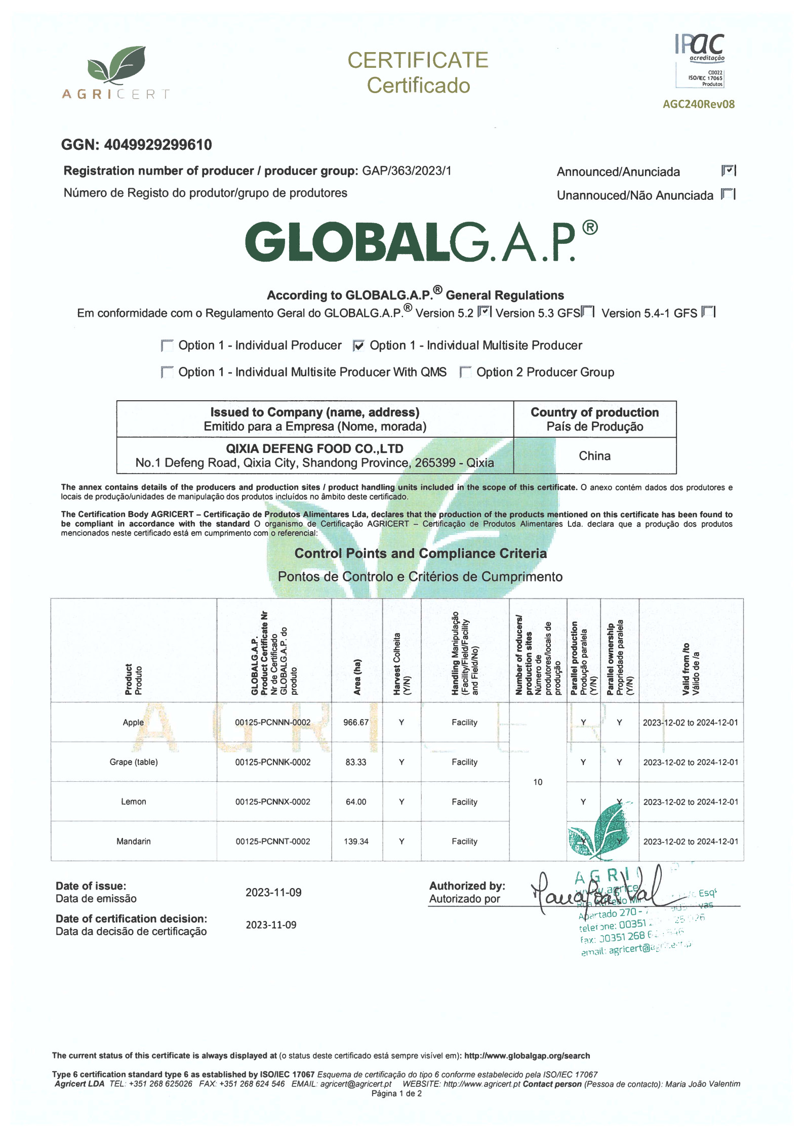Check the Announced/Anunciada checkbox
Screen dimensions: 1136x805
click(x=728, y=171)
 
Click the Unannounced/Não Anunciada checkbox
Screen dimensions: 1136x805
click(x=728, y=194)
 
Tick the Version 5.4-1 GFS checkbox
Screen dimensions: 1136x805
click(x=708, y=312)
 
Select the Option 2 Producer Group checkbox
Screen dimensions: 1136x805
click(x=465, y=372)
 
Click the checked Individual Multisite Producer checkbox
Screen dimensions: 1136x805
click(x=358, y=346)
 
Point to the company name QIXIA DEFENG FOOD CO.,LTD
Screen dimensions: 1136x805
click(x=314, y=449)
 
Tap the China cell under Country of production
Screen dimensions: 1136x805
click(x=594, y=456)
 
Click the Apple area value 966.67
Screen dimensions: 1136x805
click(x=356, y=723)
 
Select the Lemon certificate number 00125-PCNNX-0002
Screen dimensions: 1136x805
click(x=273, y=802)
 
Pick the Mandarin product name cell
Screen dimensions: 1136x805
click(x=134, y=842)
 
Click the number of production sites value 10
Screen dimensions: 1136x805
click(x=538, y=782)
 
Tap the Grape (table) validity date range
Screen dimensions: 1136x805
click(x=691, y=763)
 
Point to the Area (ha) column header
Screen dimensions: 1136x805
click(x=357, y=677)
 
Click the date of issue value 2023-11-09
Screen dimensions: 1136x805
click(x=273, y=893)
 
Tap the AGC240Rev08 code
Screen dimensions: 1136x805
click(x=699, y=104)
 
